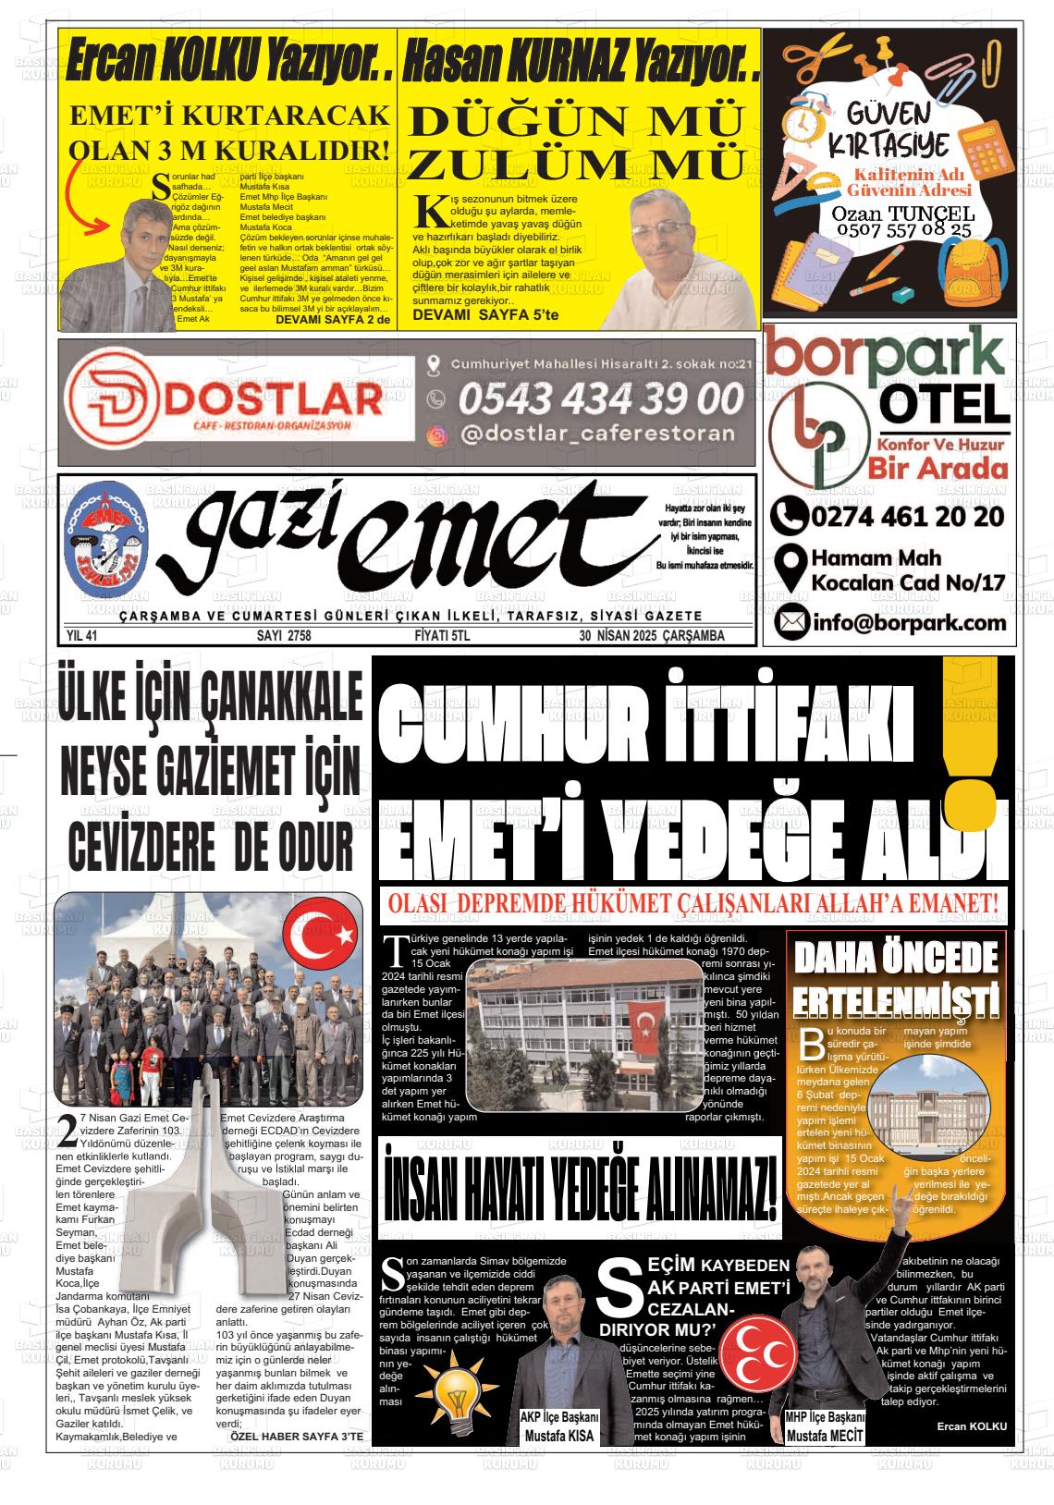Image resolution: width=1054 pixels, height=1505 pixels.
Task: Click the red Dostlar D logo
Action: pyautogui.click(x=118, y=401)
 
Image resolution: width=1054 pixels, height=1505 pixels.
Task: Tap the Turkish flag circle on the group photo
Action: pyautogui.click(x=319, y=936)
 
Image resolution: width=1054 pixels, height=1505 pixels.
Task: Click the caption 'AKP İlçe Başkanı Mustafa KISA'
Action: pyautogui.click(x=558, y=1427)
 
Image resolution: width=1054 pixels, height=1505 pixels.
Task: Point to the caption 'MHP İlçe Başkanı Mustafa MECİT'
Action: pyautogui.click(x=824, y=1427)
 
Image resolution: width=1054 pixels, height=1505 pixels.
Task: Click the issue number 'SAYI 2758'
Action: pyautogui.click(x=284, y=636)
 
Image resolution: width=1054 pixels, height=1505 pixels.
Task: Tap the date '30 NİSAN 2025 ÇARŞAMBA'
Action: pyautogui.click(x=651, y=636)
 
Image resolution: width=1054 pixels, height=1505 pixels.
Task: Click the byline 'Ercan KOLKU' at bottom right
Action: pyautogui.click(x=971, y=1426)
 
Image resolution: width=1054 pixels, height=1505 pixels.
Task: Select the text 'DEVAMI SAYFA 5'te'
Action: pyautogui.click(x=486, y=315)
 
